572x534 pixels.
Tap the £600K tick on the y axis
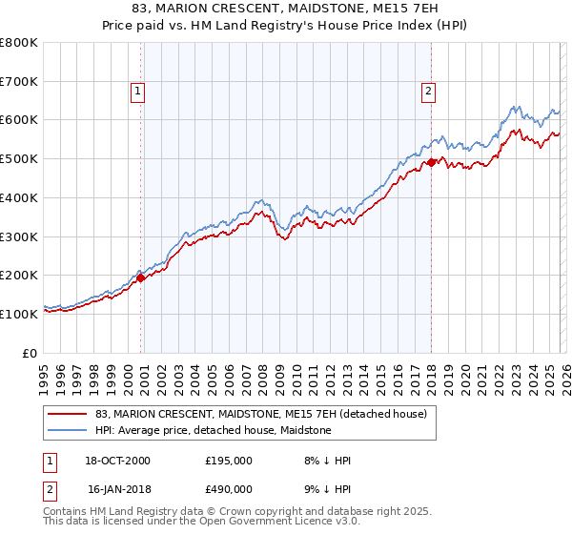pos(19,120)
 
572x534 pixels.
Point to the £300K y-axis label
pos(19,236)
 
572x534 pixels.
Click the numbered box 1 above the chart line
pos(138,92)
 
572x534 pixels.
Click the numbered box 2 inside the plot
pos(428,92)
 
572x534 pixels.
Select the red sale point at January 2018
pos(431,163)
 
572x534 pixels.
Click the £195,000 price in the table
pos(229,461)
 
